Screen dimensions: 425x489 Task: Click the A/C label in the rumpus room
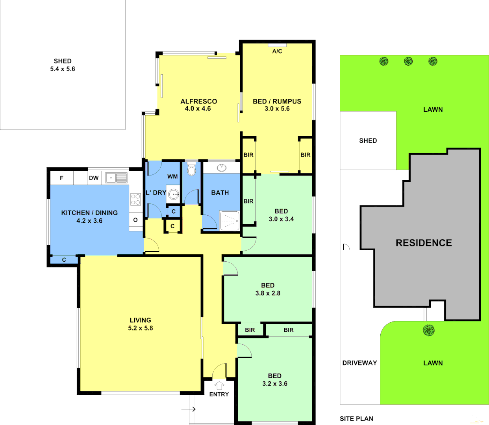(277, 51)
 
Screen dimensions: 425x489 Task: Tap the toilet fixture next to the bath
(192, 170)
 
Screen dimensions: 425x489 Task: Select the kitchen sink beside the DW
(116, 178)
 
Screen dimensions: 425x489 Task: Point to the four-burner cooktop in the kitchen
(135, 199)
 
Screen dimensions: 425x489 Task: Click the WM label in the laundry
(172, 177)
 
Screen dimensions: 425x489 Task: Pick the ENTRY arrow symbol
(219, 386)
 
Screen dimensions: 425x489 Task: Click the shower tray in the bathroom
(229, 221)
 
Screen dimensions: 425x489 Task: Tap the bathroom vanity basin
(222, 168)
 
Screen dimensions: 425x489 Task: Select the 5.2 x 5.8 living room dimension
(141, 328)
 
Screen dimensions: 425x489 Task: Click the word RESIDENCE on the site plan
(424, 243)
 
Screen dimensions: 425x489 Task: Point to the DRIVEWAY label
(359, 363)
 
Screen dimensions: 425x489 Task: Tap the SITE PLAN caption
(356, 419)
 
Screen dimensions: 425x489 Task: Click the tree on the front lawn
(429, 330)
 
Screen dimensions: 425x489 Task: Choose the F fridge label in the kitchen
(61, 178)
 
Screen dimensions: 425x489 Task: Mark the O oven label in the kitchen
(135, 220)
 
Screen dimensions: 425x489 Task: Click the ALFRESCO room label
(198, 102)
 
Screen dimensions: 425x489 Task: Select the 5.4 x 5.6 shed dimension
(63, 69)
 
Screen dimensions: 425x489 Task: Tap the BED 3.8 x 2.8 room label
(268, 289)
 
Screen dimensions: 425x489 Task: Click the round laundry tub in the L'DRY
(174, 194)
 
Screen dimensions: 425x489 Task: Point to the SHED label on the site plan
(368, 140)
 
